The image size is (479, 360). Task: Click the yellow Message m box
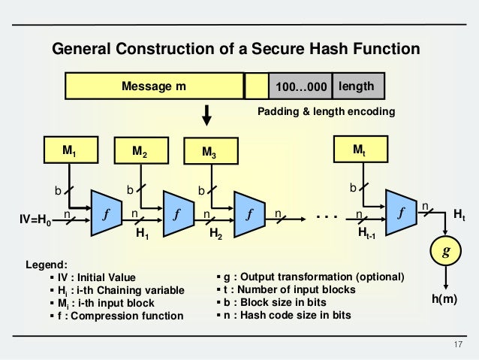click(x=154, y=86)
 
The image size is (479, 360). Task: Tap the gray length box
click(x=357, y=86)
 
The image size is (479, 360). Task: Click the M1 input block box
click(x=69, y=150)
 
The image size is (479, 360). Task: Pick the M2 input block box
click(x=139, y=151)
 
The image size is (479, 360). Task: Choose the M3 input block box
click(x=209, y=153)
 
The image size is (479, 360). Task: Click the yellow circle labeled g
click(x=446, y=253)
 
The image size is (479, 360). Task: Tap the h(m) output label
click(x=446, y=298)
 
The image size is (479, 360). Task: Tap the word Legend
click(x=47, y=265)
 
